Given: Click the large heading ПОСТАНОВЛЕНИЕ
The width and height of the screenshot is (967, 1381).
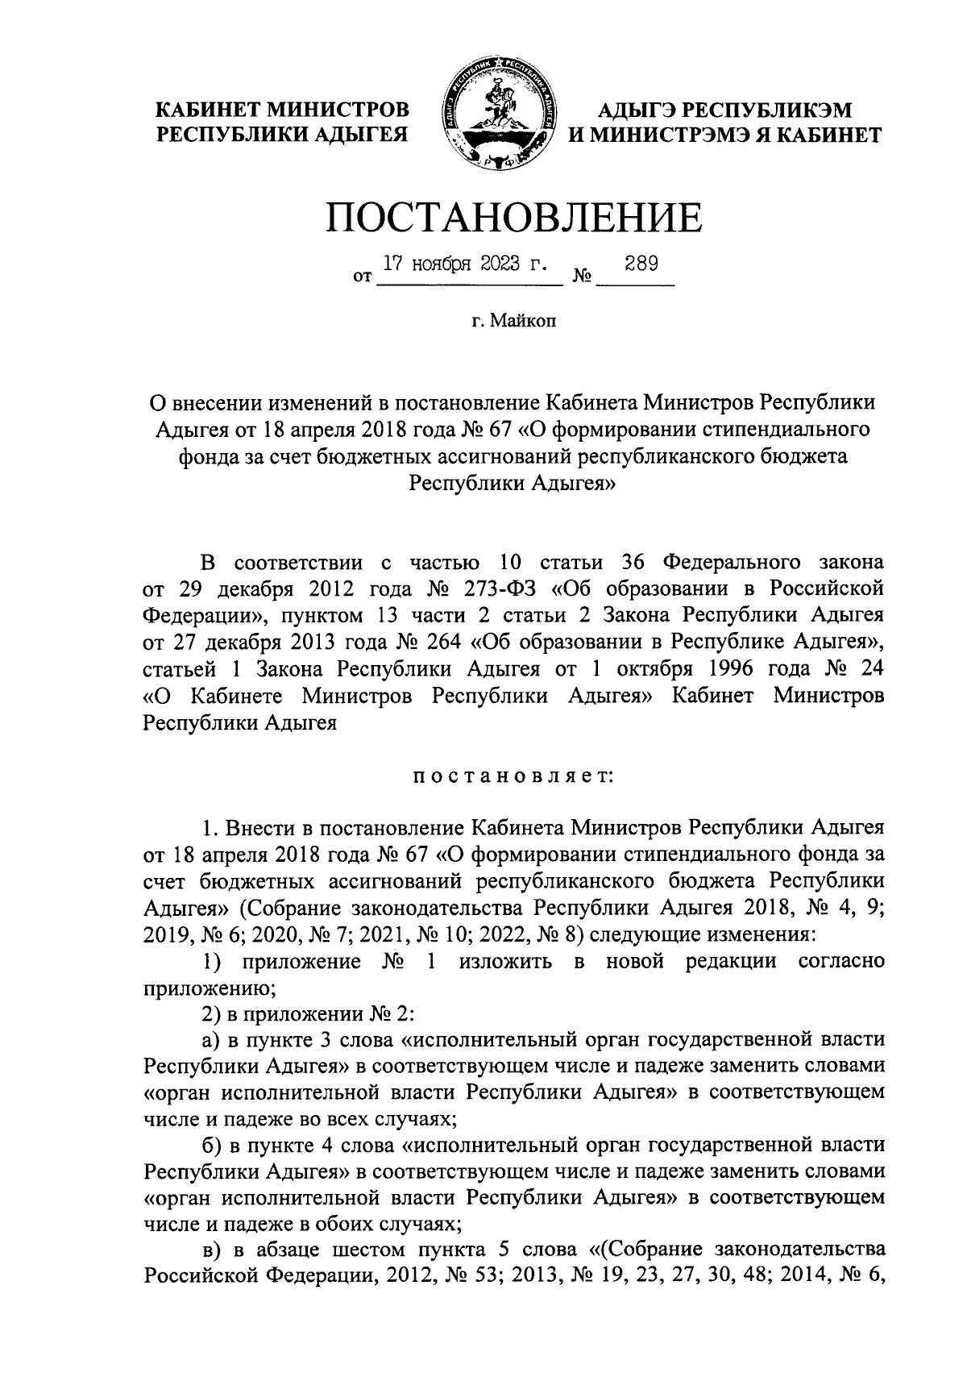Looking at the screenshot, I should click(513, 216).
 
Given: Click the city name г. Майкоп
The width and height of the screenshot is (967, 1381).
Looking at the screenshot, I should click(514, 322).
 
